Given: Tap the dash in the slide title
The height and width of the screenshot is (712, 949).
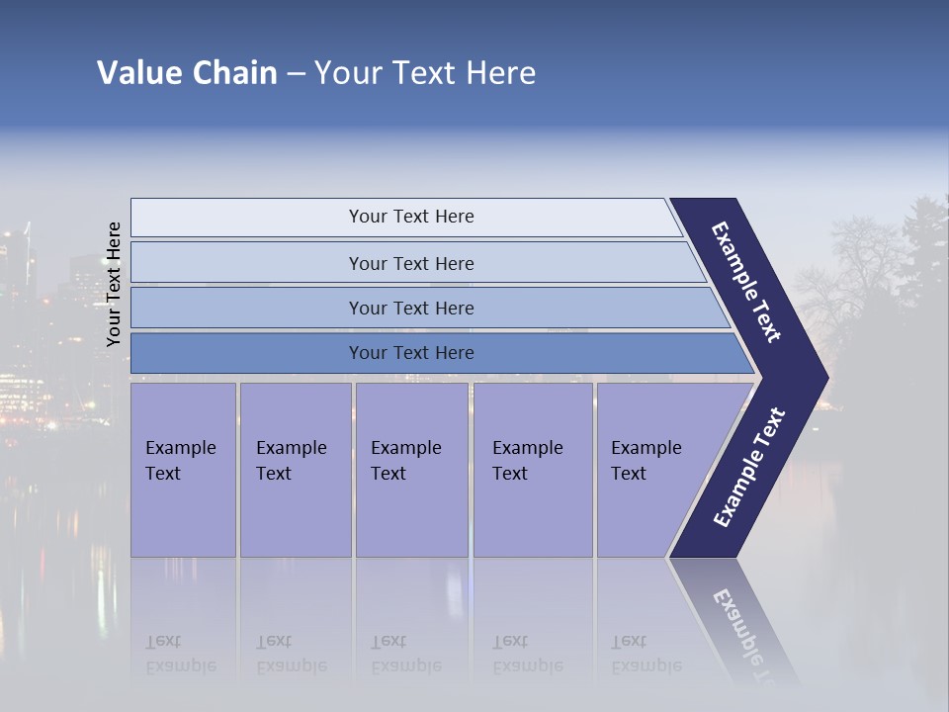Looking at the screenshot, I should [296, 74].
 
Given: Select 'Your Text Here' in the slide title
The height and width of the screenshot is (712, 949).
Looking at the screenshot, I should [425, 73].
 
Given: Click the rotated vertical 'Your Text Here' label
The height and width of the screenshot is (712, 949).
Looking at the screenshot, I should [114, 284].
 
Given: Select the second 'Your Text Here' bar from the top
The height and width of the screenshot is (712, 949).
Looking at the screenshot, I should [411, 263].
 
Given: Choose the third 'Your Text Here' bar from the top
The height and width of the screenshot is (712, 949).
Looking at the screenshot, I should [411, 308].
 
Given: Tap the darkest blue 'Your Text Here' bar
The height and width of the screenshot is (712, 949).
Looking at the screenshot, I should [411, 353].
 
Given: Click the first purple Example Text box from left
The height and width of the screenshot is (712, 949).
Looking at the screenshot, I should [183, 470].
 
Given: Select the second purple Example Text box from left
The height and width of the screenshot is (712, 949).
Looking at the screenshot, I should [295, 470].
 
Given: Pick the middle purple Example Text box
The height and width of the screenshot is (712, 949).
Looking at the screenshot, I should [411, 470].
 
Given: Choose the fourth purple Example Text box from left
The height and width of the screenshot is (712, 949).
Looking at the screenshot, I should [533, 470].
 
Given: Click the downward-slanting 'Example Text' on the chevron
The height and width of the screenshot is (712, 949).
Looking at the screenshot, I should [746, 282].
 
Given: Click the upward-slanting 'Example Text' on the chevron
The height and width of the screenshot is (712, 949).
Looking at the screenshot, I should [749, 467].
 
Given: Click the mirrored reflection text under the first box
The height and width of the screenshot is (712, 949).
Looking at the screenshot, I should [181, 654].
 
